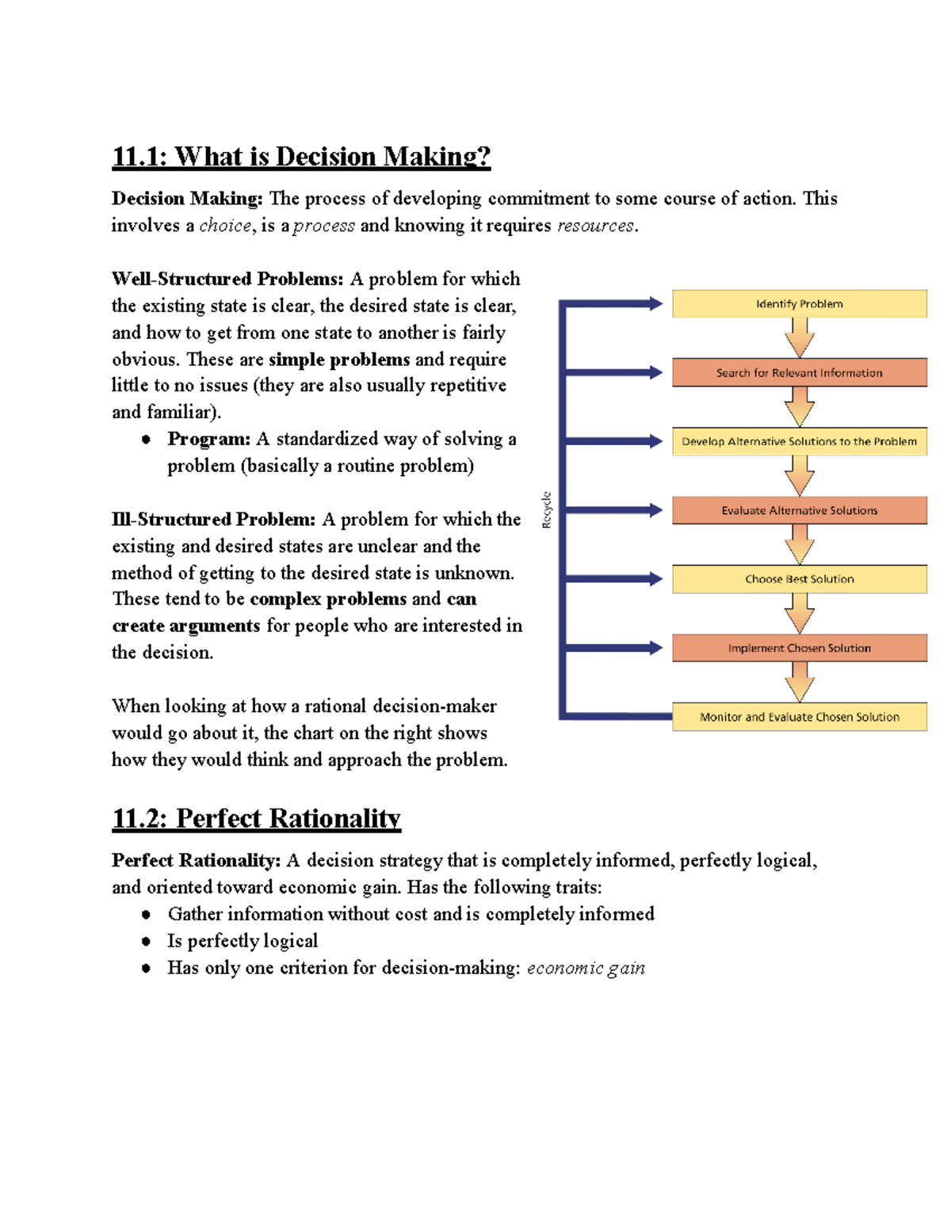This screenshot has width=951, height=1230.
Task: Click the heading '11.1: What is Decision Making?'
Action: coord(301,157)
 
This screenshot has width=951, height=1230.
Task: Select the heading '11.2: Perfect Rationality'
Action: coord(256,818)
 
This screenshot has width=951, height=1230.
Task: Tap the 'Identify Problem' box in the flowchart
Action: coord(799,304)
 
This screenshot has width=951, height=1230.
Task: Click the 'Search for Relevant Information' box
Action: coord(799,373)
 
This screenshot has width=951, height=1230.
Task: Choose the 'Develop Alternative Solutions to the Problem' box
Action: coord(799,442)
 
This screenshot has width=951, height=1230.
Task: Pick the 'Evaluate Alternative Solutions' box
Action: coord(799,511)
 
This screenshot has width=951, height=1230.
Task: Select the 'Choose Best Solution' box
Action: coord(799,579)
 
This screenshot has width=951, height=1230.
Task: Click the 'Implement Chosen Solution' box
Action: coord(799,648)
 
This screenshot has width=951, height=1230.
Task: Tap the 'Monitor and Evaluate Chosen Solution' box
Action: coord(799,717)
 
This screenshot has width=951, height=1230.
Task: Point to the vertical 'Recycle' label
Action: coord(546,510)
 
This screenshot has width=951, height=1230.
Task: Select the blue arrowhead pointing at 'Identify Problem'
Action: coord(655,303)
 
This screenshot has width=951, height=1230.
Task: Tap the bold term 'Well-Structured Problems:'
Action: coord(227,279)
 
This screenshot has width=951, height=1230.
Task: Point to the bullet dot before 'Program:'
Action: coord(146,440)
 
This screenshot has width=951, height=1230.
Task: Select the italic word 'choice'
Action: coord(225,226)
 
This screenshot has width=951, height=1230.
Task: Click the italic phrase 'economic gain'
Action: coord(586,968)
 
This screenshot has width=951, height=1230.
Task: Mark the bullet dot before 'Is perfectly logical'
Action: coord(146,942)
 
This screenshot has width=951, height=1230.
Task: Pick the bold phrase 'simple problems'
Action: coord(339,360)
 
